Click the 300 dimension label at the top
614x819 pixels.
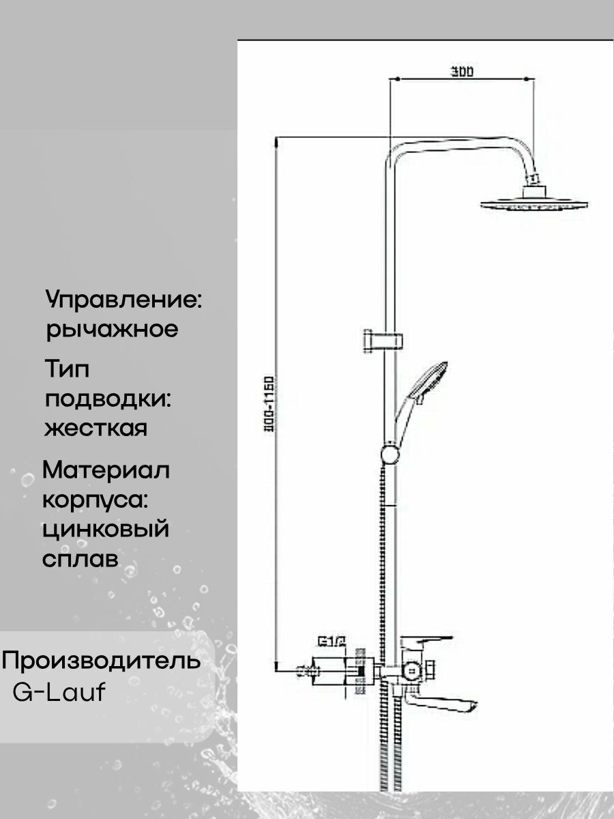pyautogui.click(x=462, y=71)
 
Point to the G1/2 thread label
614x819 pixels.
pyautogui.click(x=332, y=642)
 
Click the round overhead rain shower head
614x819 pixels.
pyautogui.click(x=535, y=203)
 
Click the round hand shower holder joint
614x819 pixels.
pyautogui.click(x=390, y=453)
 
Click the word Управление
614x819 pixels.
pyautogui.click(x=125, y=300)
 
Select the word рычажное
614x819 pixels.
pyautogui.click(x=112, y=330)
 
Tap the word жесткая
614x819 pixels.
pyautogui.click(x=95, y=429)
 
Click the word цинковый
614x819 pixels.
pyautogui.click(x=106, y=529)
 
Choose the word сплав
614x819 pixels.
pyautogui.click(x=81, y=558)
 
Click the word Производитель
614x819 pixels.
pyautogui.click(x=102, y=661)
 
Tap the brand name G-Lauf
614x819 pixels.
pyautogui.click(x=59, y=692)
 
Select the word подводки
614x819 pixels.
pyautogui.click(x=106, y=399)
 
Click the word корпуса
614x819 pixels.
pyautogui.click(x=96, y=500)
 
